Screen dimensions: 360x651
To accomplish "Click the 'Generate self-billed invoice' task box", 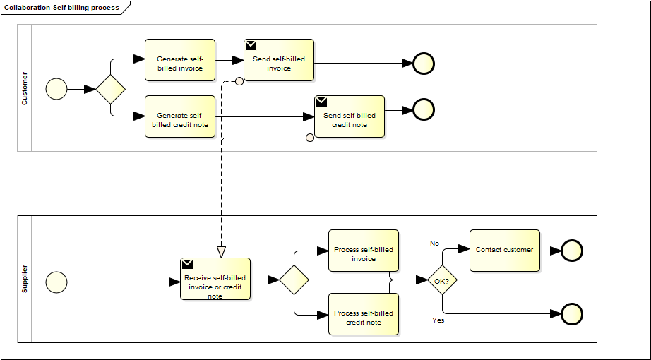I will [x=179, y=60].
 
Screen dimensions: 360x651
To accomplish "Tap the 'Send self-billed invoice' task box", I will [x=278, y=60].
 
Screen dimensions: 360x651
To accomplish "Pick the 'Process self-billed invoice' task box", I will [x=363, y=251].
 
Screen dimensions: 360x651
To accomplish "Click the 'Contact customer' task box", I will [x=504, y=251].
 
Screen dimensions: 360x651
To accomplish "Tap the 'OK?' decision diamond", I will [x=443, y=280].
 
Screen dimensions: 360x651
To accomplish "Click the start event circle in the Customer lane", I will [x=56, y=89].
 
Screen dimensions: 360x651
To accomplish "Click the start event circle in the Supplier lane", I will [x=56, y=282].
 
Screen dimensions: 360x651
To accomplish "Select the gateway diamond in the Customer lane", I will [x=110, y=89].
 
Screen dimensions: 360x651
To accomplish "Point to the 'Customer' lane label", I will [x=25, y=89].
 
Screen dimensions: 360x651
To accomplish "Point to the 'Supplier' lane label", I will [x=25, y=279].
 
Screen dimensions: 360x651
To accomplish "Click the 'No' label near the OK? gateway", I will [x=435, y=244].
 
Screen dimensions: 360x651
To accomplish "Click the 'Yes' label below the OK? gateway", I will [x=438, y=320].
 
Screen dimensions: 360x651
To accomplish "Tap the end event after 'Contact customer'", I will [x=571, y=251].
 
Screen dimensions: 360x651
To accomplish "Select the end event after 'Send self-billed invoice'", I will [x=424, y=64].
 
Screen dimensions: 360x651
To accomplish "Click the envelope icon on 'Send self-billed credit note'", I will [x=322, y=102].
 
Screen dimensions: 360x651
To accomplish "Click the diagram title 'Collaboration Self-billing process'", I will [x=62, y=8].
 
